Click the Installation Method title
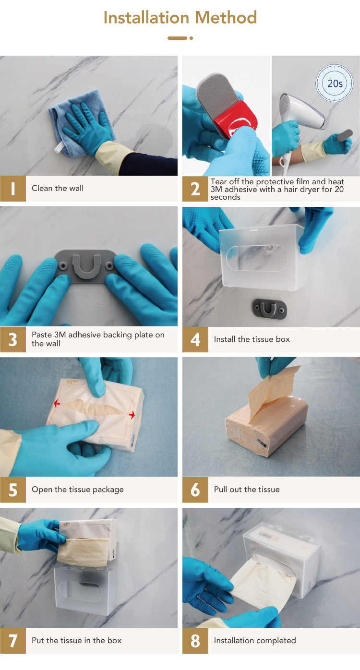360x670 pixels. [180, 17]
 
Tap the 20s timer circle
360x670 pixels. [334, 83]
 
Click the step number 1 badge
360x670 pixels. [13, 189]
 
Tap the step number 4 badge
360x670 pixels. [195, 339]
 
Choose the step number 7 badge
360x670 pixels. [13, 640]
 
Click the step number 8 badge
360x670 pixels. [195, 640]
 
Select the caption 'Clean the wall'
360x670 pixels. [58, 188]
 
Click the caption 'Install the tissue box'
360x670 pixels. [252, 339]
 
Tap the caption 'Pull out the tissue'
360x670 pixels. [247, 490]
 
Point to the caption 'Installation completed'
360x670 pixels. [255, 640]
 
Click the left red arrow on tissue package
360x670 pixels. [57, 404]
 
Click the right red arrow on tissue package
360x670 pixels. [132, 415]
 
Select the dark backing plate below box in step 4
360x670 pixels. [269, 309]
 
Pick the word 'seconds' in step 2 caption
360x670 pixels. [225, 197]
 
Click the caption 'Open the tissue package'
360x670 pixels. [77, 490]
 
